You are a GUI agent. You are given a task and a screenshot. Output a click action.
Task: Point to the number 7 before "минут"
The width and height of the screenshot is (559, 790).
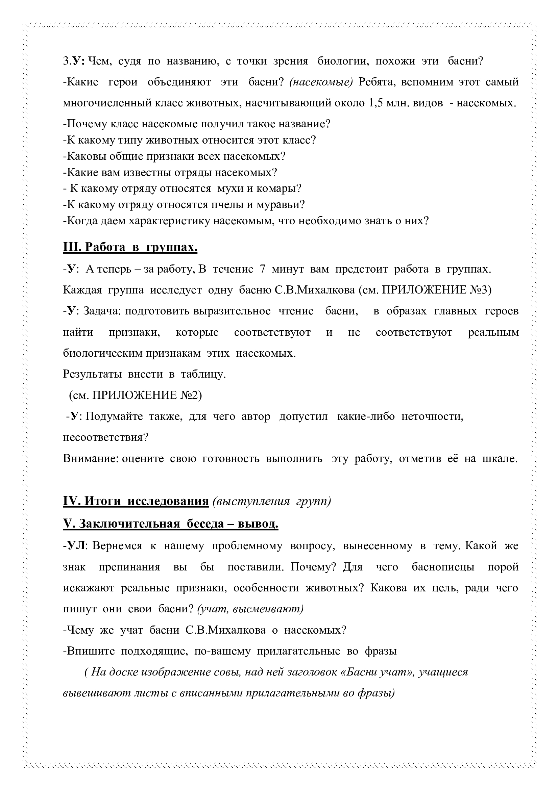pos(263,269)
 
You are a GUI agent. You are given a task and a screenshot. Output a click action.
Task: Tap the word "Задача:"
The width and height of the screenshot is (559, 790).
pos(103,311)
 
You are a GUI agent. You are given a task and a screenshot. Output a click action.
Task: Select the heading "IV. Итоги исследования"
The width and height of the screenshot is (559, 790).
pos(136,501)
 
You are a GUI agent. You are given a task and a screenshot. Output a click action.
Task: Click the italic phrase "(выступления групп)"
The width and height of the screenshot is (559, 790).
pos(272,501)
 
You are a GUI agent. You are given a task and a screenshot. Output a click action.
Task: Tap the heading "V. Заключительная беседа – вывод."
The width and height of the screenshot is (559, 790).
pos(170,524)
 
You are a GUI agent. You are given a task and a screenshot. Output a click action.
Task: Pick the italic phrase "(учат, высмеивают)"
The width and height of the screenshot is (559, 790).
pos(250,609)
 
